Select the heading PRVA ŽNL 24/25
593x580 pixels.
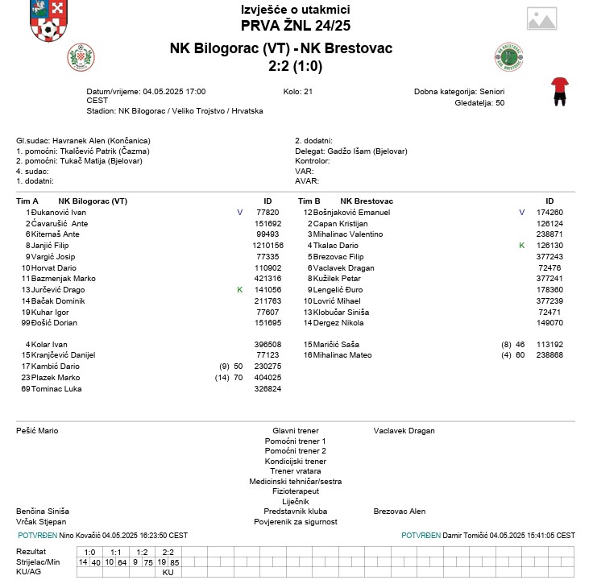point(296,26)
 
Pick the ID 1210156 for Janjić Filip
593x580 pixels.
point(267,246)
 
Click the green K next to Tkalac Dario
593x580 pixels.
point(521,246)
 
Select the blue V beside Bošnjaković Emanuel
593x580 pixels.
point(521,213)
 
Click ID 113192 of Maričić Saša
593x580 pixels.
point(549,345)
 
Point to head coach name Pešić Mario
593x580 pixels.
point(37,431)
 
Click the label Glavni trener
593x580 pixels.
point(295,431)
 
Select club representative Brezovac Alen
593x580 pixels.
point(400,512)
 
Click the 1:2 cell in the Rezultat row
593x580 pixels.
point(142,552)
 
